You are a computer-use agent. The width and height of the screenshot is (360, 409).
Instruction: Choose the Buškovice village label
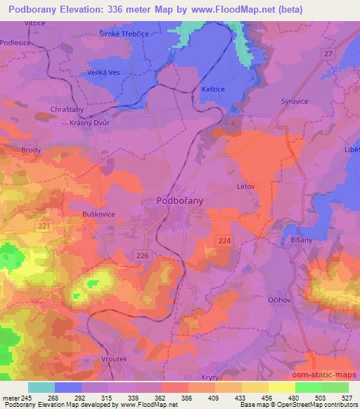click(x=95, y=214)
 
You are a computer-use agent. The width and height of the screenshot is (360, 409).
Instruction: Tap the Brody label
click(x=31, y=150)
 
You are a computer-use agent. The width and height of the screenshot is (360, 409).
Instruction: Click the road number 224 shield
click(x=224, y=241)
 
